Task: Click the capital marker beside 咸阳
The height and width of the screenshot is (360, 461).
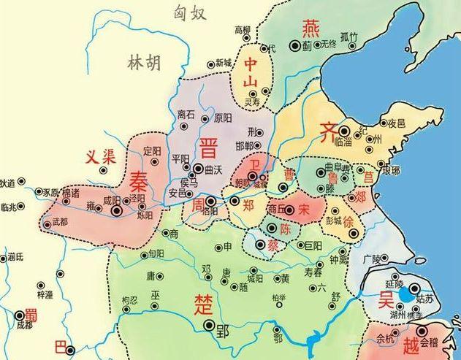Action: pyautogui.click(x=116, y=210)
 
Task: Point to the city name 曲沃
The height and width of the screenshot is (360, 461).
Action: pyautogui.click(x=213, y=169)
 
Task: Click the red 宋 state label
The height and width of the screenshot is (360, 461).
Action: pyautogui.click(x=305, y=210)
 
